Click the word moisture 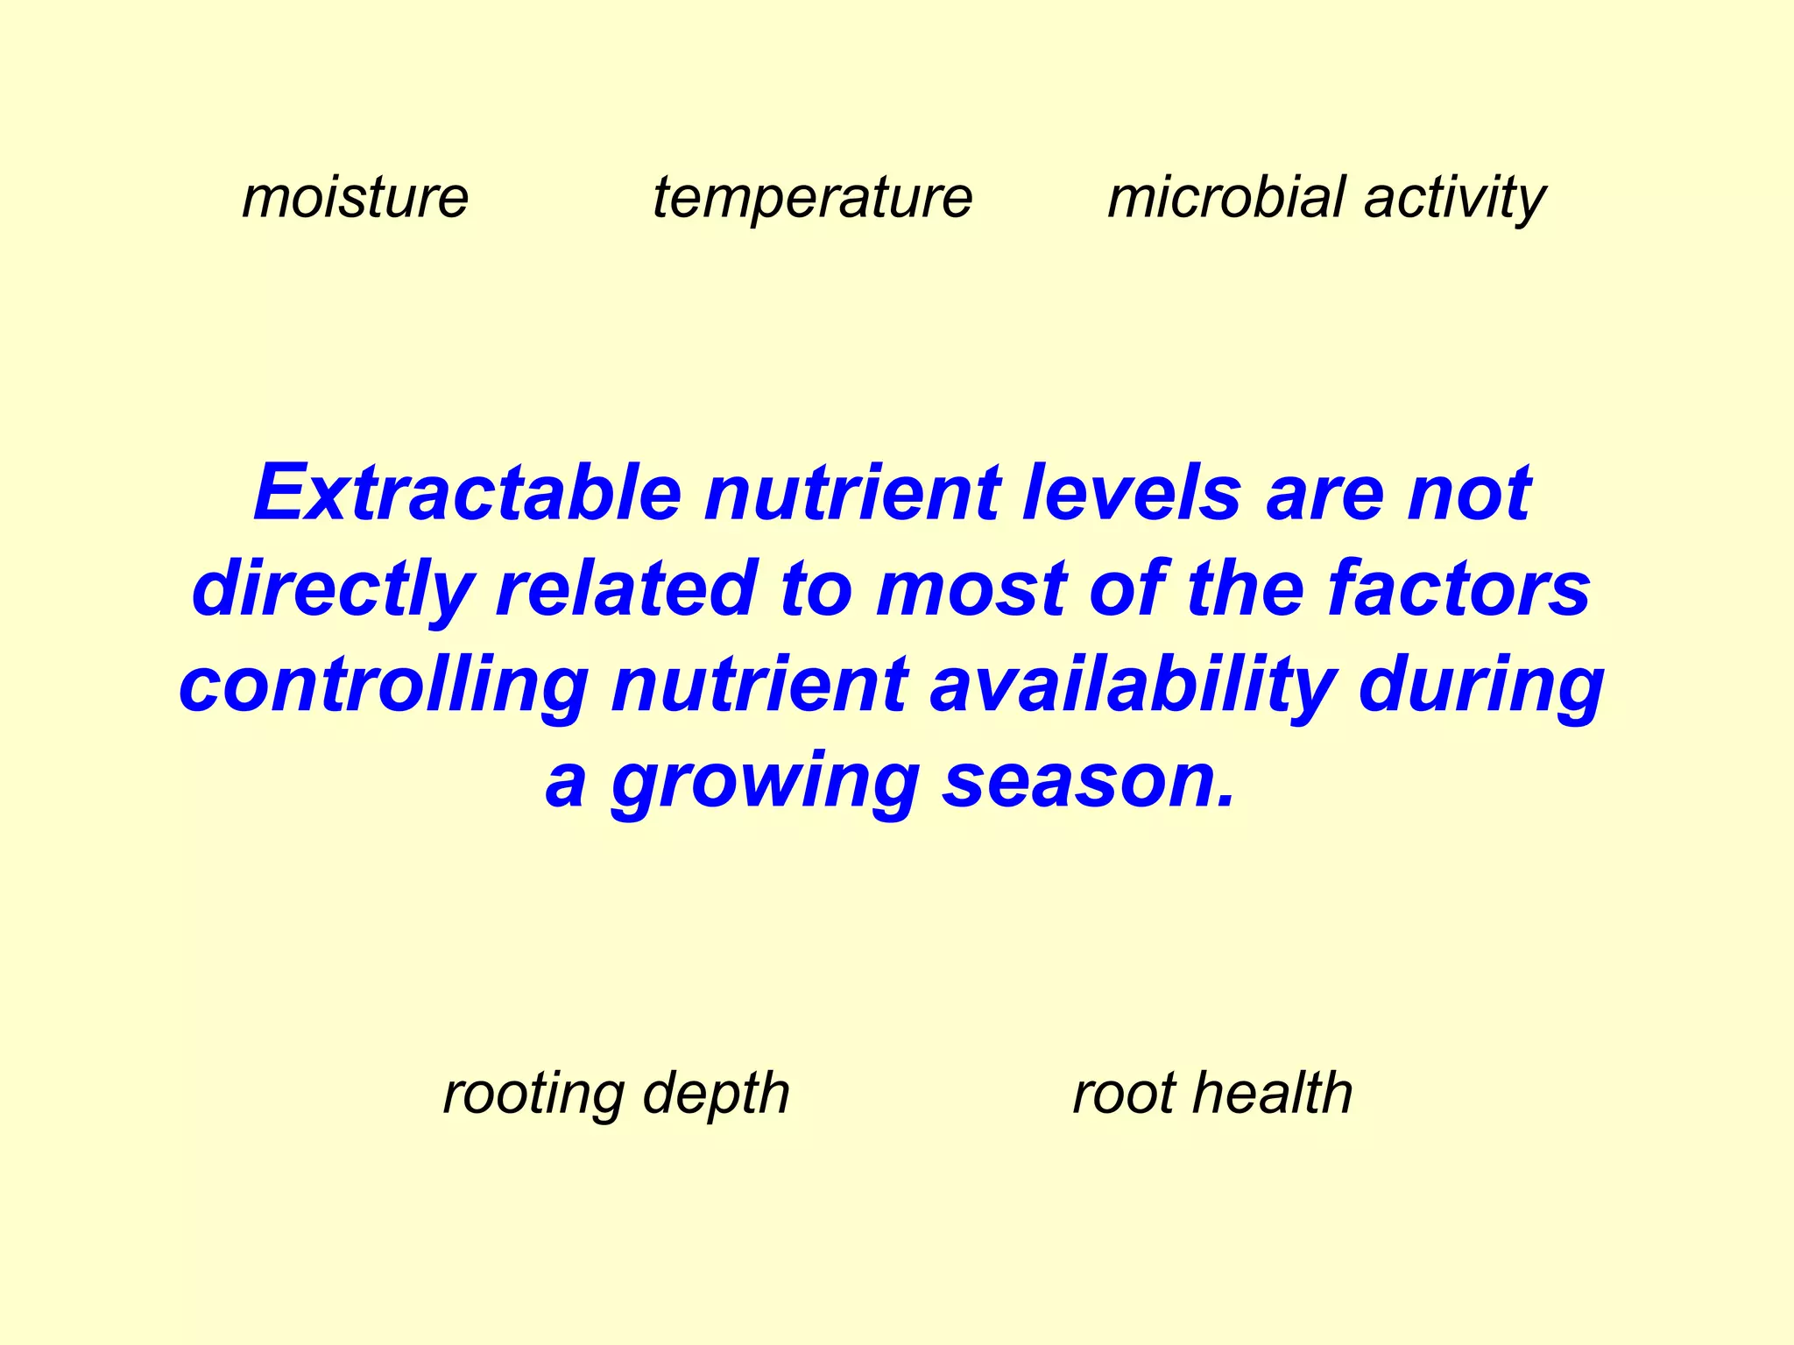355,198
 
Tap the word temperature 812,198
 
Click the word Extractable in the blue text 467,493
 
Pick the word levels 1131,493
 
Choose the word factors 1459,589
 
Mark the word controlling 384,686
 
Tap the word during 1480,686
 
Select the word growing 765,782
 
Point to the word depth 716,1095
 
